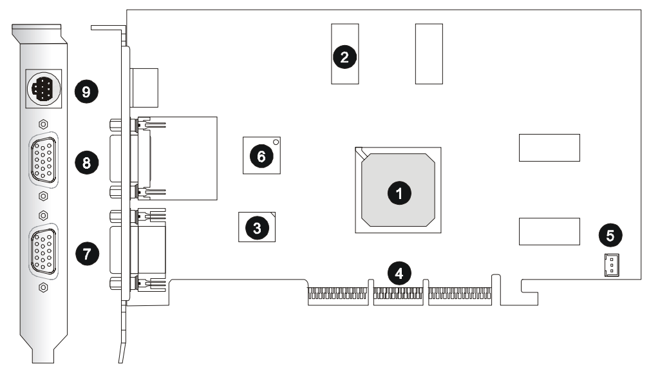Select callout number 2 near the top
(344, 57)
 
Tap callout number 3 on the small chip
(257, 227)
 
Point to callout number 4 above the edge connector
(399, 272)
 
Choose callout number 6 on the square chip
(261, 155)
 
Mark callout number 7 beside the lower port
(87, 253)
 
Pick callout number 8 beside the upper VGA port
(86, 162)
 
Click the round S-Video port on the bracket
(42, 86)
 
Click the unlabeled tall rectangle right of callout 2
(429, 53)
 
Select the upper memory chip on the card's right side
(549, 147)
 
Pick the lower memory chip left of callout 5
(549, 231)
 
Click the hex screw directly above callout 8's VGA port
(42, 124)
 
